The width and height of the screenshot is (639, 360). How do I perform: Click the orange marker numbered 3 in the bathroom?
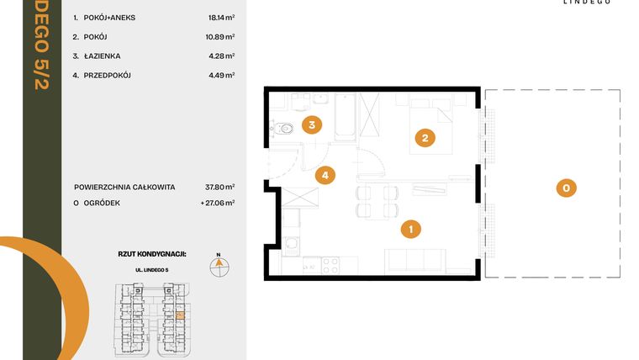[x=312, y=125]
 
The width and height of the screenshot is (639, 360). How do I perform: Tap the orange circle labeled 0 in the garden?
[x=567, y=188]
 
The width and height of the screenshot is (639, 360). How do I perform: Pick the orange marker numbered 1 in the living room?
[x=410, y=227]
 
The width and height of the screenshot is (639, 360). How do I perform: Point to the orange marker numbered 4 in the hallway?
[x=325, y=176]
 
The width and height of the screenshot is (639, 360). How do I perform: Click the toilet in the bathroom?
[x=284, y=129]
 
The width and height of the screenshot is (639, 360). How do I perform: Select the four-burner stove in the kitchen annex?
[x=330, y=265]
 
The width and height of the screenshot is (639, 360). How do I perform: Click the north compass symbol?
[x=218, y=263]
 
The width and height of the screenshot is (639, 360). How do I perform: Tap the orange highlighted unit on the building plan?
[x=179, y=315]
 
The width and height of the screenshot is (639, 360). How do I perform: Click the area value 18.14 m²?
[x=221, y=16]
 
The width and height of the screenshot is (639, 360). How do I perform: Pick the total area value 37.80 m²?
[x=221, y=187]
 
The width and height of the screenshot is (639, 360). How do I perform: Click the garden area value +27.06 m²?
[x=219, y=203]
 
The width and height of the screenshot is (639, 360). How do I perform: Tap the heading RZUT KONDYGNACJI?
[x=152, y=252]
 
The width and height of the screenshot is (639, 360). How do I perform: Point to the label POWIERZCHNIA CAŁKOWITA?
[x=124, y=187]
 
